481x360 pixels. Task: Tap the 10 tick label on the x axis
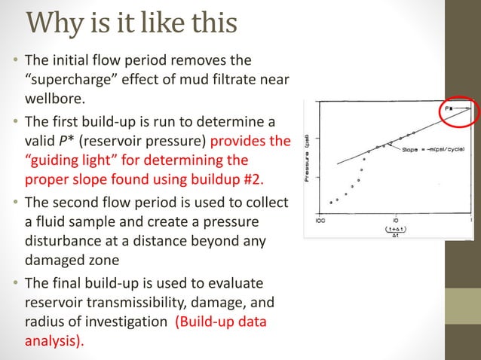point(395,221)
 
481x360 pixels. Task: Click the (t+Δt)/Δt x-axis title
point(396,230)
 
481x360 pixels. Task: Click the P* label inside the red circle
point(449,109)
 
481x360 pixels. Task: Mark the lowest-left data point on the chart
point(331,203)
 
